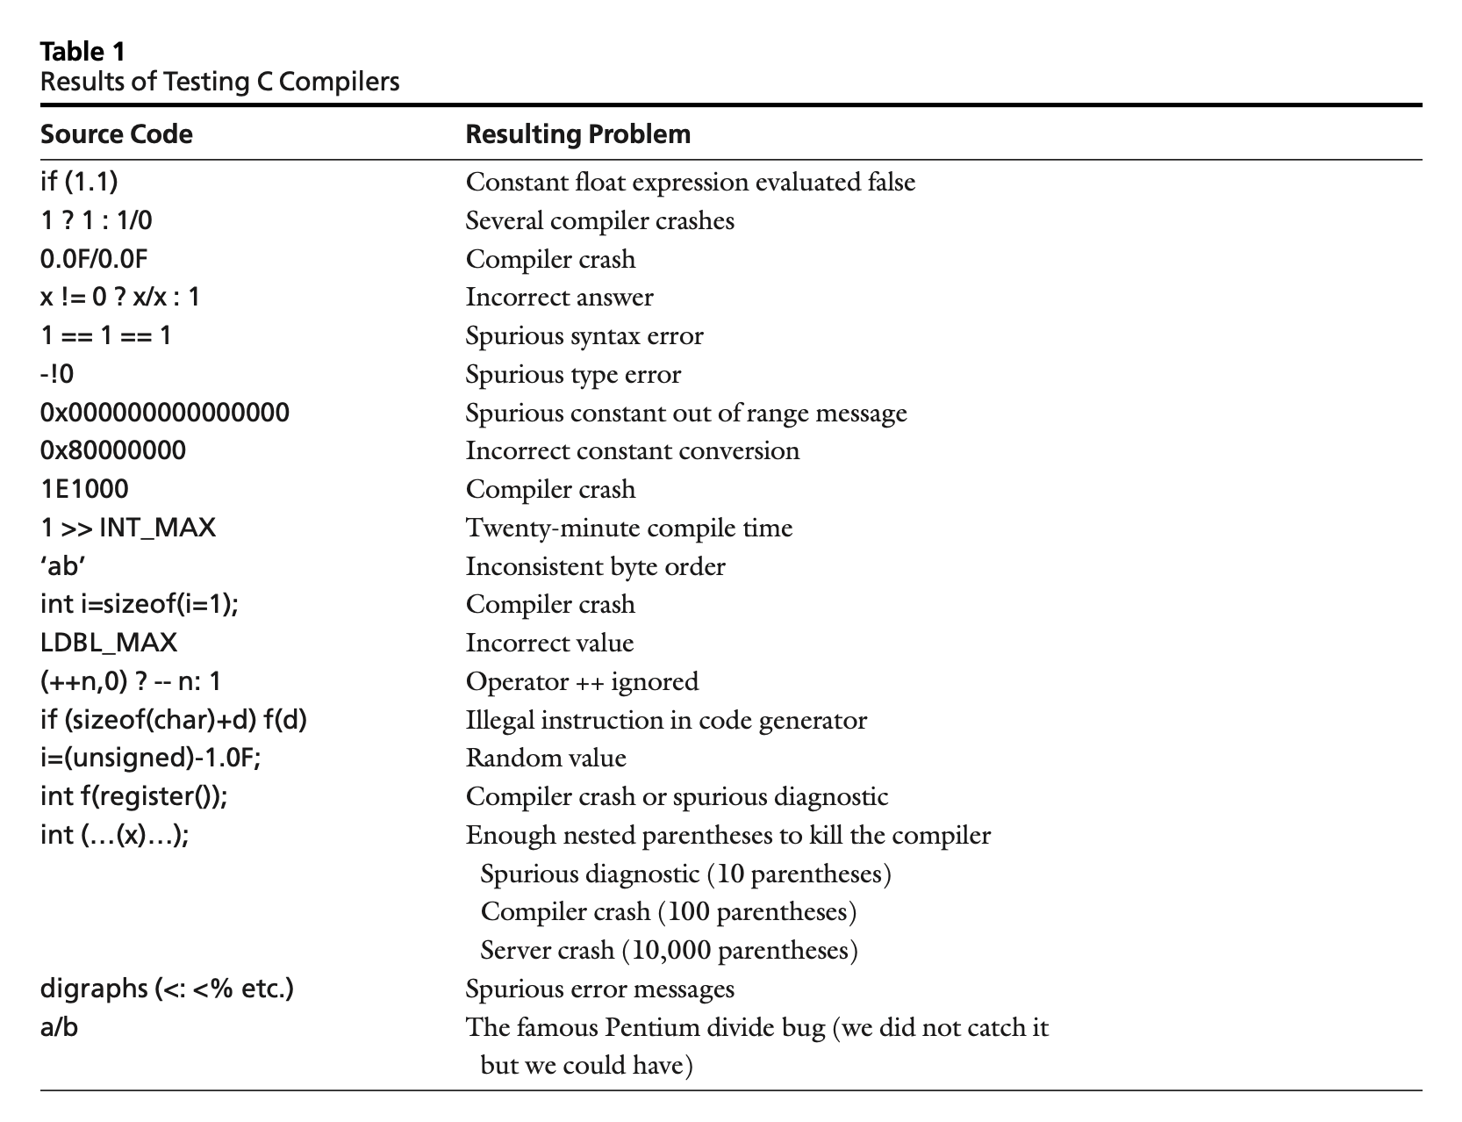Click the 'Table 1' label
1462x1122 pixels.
[x=82, y=52]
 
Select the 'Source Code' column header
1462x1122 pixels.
[x=116, y=134]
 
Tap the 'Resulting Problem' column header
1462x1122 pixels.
[x=577, y=134]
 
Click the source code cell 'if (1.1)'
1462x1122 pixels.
[x=79, y=182]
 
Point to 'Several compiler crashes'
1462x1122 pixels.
[x=599, y=220]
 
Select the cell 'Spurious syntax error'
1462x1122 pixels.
[x=584, y=335]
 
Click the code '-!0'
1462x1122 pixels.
[x=57, y=374]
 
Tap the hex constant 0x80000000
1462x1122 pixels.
[x=113, y=450]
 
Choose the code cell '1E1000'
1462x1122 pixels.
[x=84, y=489]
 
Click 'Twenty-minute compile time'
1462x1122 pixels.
[x=628, y=528]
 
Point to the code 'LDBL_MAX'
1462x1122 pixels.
[x=109, y=643]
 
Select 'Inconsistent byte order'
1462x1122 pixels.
[x=595, y=566]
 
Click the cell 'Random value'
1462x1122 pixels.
[x=546, y=758]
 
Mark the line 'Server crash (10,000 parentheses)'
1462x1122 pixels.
[x=669, y=950]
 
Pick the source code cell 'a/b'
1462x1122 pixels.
[x=59, y=1027]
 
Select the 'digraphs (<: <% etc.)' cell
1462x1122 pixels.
[x=167, y=989]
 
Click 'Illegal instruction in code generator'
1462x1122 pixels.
[x=666, y=720]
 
